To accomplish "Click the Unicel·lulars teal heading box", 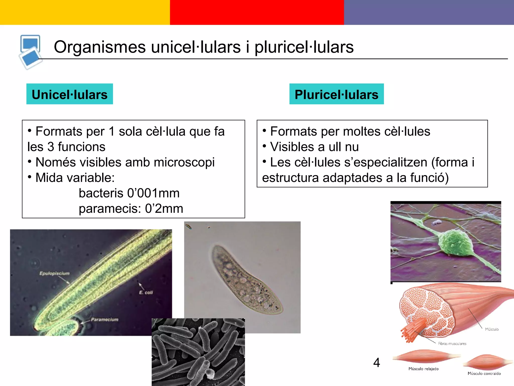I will click(x=70, y=94).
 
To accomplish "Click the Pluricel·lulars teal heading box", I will click(x=336, y=94).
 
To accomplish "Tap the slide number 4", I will click(x=376, y=362).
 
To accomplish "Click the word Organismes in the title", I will click(x=100, y=47).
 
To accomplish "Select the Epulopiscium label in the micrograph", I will click(x=54, y=273).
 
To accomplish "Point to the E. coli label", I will click(x=146, y=292).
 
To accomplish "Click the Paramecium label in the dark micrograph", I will click(x=104, y=319).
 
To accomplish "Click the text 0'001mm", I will click(x=153, y=193).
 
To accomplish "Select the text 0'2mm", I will click(x=164, y=209).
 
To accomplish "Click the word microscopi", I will click(x=184, y=162).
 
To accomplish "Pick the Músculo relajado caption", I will click(x=423, y=369).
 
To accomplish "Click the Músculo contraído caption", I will click(x=484, y=373).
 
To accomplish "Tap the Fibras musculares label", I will click(x=452, y=344).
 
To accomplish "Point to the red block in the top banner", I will click(x=257, y=12).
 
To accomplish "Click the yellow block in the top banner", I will click(x=85, y=12).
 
